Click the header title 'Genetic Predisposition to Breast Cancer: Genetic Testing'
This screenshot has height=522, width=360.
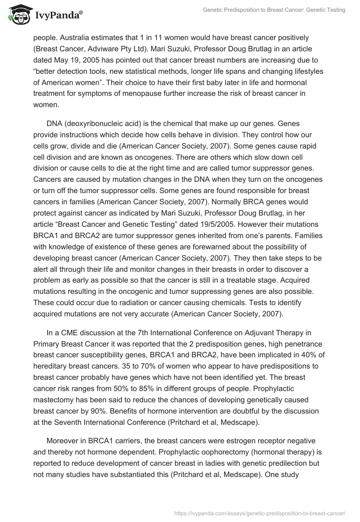pyautogui.click(x=273, y=10)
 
